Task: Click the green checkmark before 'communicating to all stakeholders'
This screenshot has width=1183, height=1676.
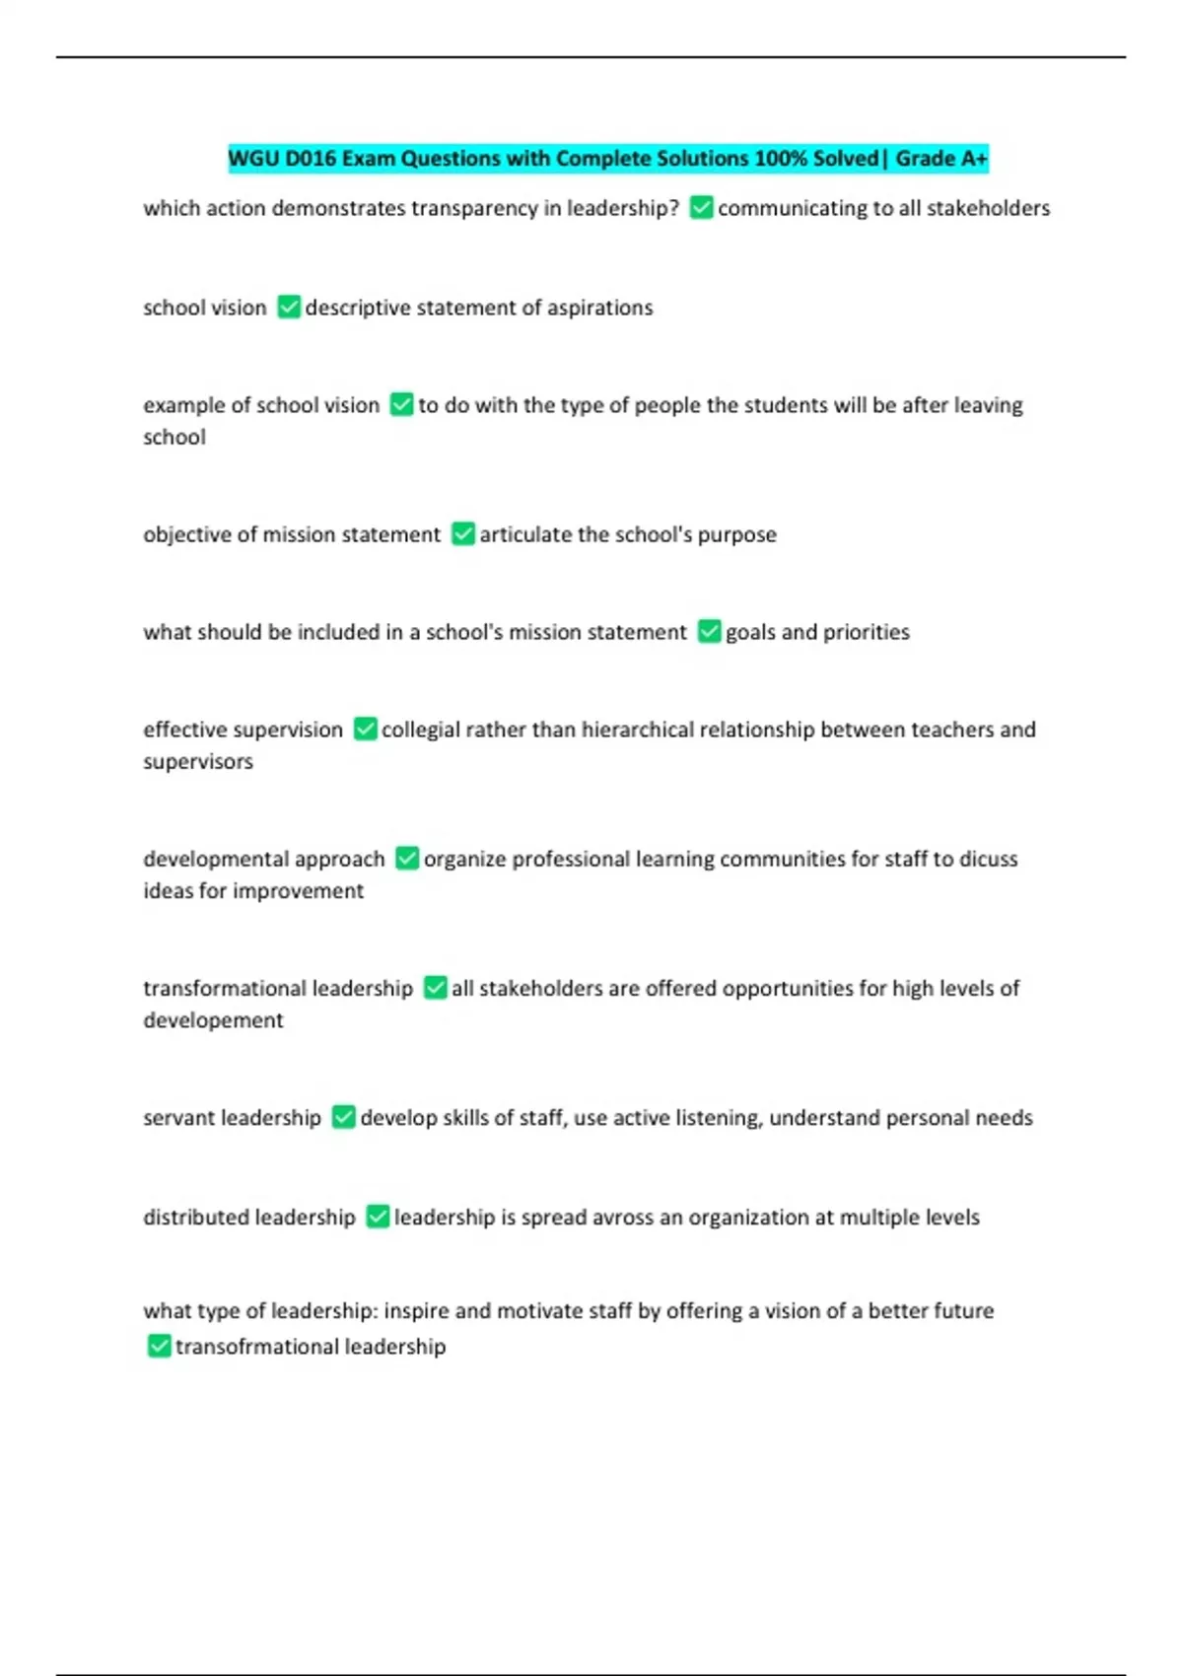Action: click(701, 208)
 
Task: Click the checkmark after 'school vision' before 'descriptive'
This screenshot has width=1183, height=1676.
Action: click(288, 308)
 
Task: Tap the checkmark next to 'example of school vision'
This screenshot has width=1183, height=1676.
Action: click(401, 405)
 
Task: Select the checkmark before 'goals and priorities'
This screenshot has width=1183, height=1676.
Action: click(709, 632)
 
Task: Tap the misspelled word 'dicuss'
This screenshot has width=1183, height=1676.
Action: click(989, 859)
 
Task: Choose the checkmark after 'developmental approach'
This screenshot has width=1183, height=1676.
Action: click(406, 859)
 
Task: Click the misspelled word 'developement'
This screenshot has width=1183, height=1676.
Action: click(213, 1020)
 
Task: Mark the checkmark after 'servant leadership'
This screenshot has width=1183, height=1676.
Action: click(343, 1117)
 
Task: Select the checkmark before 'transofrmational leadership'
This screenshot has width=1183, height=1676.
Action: click(159, 1346)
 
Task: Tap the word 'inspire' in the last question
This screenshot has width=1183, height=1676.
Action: click(417, 1311)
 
